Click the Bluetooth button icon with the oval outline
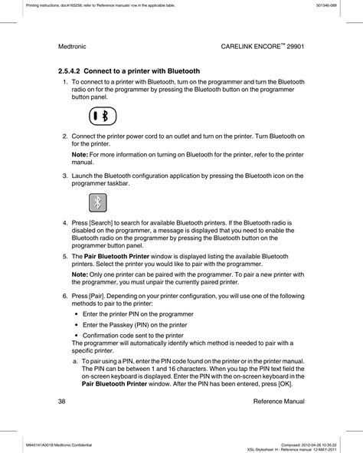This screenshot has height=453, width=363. click(x=101, y=115)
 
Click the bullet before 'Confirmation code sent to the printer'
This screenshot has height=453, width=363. click(x=77, y=335)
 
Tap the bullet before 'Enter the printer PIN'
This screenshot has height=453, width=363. click(x=77, y=314)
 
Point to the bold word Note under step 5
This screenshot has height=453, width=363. click(x=79, y=274)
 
